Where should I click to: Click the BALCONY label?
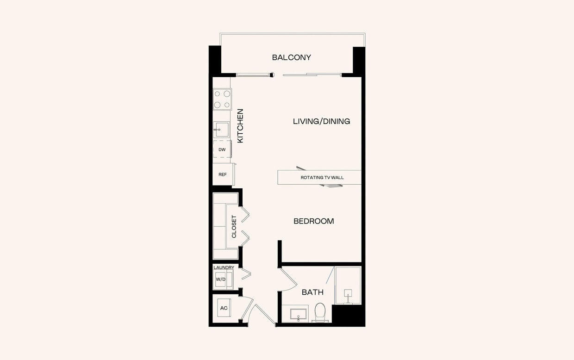coord(291,57)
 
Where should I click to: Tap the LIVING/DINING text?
coord(321,121)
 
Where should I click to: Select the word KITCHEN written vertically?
coord(240,126)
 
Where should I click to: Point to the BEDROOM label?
coord(313,221)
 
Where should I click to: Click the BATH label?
coord(312,292)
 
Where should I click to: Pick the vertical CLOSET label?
coord(234,227)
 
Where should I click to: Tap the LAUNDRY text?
coord(224,267)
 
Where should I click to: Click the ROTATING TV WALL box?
coord(319,177)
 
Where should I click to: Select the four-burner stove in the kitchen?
coord(222,99)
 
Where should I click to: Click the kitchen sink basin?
coord(222,130)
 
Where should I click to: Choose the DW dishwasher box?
coord(222,149)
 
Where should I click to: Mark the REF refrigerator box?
coord(223,174)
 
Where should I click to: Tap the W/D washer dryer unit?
coord(221,279)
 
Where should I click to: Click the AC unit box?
coord(224,308)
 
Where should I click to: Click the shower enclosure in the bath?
coord(348,285)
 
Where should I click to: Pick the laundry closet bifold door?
coord(246,274)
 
